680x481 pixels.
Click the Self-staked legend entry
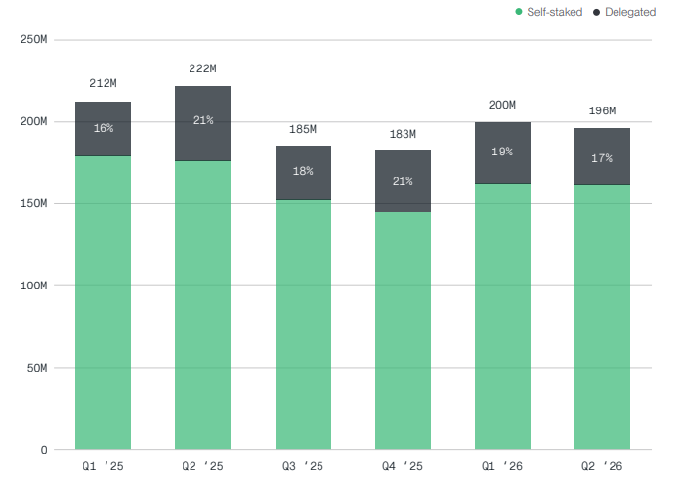[x=549, y=12]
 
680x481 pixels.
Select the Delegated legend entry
[x=624, y=12]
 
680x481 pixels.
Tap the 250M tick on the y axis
[x=33, y=39]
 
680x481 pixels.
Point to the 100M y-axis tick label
[x=33, y=285]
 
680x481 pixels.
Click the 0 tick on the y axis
[x=44, y=450]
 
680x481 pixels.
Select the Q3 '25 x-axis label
[x=303, y=466]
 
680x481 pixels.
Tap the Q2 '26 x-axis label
[x=602, y=466]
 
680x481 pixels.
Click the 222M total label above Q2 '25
[x=202, y=68]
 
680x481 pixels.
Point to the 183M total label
[x=403, y=134]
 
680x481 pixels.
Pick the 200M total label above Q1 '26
[x=502, y=105]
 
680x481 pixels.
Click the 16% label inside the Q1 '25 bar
[x=104, y=128]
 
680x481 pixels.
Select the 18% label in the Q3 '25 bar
[x=303, y=171]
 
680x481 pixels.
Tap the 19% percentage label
[x=502, y=152]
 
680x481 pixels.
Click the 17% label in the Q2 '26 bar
[x=602, y=158]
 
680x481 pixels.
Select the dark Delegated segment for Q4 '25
[x=403, y=181]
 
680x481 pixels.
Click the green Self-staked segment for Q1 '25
[x=104, y=302]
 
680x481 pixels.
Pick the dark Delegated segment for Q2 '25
[x=202, y=124]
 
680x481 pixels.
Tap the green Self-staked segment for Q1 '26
[x=502, y=317]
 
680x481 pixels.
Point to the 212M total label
[x=104, y=83]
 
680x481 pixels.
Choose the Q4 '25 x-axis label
[x=403, y=466]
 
